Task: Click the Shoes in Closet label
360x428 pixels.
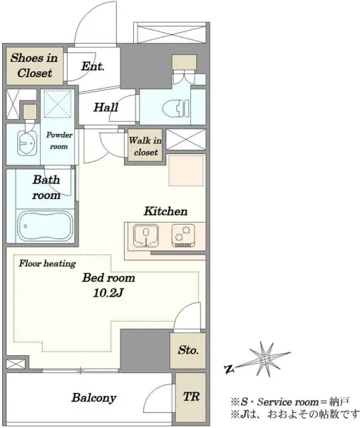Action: [x=34, y=66]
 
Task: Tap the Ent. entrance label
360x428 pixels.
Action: [x=93, y=66]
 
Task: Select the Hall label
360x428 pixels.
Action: [x=106, y=107]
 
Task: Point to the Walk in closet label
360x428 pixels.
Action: [x=145, y=146]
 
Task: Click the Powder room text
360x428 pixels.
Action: [x=59, y=141]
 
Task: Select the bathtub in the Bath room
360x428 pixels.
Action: [x=45, y=226]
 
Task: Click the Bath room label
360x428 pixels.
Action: [x=46, y=188]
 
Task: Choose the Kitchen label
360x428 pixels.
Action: [x=165, y=211]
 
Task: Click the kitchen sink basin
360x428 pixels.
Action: [x=146, y=235]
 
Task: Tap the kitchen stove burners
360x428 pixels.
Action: [x=183, y=236]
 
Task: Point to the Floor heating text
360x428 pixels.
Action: [x=47, y=264]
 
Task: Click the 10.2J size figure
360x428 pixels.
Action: [x=108, y=293]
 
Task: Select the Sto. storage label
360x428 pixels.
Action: [x=188, y=350]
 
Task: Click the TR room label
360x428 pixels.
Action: [x=191, y=397]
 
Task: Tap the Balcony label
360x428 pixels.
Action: [x=94, y=398]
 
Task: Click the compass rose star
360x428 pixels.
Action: [x=264, y=360]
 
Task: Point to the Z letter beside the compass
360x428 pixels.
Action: [x=229, y=370]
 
